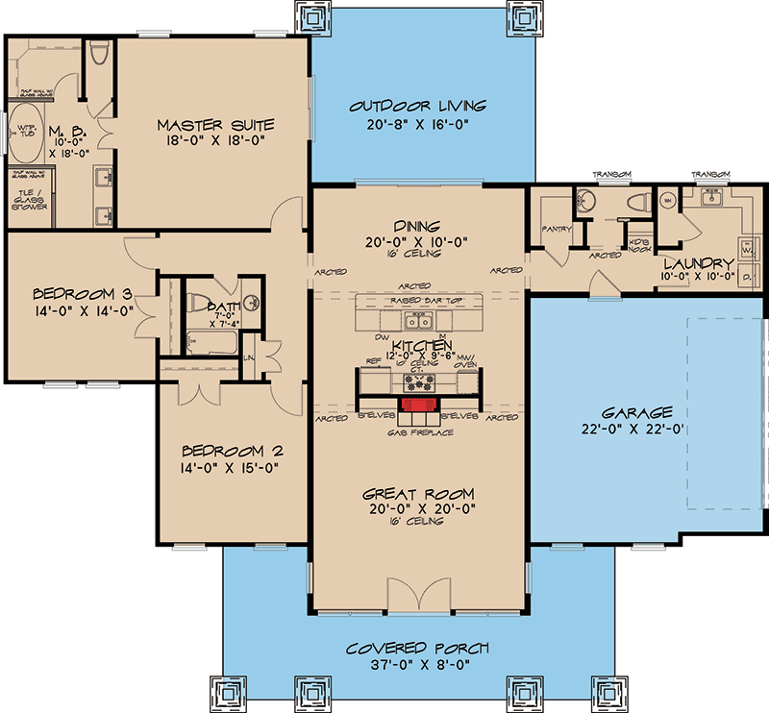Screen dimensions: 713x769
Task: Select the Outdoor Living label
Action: pos(418,106)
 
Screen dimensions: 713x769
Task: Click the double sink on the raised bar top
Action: pos(416,318)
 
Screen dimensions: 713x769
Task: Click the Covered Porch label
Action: pos(418,648)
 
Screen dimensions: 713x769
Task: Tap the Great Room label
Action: pos(417,493)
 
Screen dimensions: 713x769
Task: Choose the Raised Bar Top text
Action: pos(416,301)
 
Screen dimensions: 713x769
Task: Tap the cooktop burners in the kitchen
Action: pos(414,380)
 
